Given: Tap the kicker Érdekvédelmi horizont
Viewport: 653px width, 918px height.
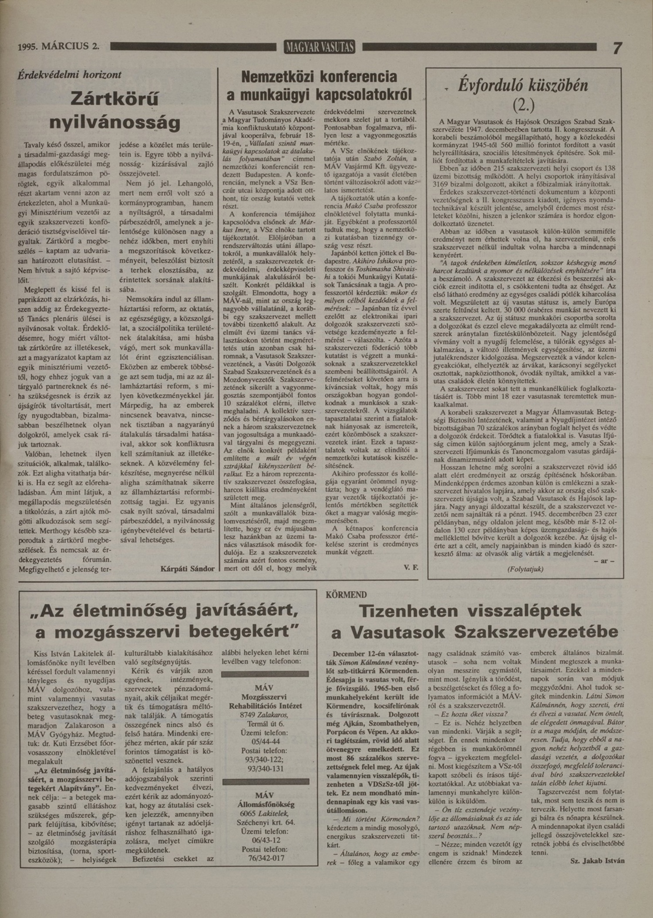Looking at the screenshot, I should [x=69, y=75].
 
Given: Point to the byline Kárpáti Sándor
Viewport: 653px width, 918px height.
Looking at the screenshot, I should [x=187, y=569].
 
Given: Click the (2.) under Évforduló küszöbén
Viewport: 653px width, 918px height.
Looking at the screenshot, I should [x=523, y=105].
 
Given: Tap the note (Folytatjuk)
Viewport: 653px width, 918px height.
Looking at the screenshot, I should [x=525, y=569].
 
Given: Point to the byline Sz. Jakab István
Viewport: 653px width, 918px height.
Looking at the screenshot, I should [x=597, y=860].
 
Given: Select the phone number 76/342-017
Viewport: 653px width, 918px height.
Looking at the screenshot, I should [x=266, y=858].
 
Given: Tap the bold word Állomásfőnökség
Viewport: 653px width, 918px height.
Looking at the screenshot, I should [x=265, y=804].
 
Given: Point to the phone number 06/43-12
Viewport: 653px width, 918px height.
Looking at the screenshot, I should [x=266, y=840].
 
